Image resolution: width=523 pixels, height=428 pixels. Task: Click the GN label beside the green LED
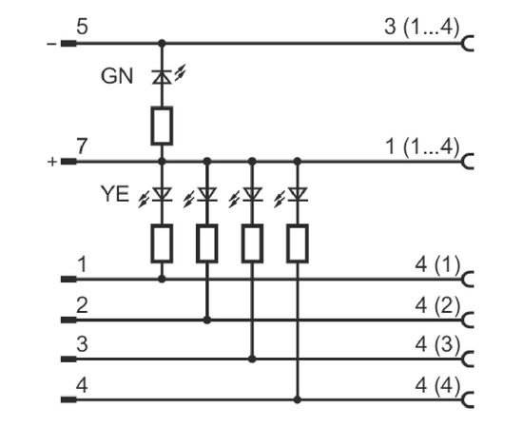coord(117,76)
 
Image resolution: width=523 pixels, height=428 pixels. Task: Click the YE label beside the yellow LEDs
coord(115,194)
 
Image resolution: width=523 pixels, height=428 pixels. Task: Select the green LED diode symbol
coord(162,77)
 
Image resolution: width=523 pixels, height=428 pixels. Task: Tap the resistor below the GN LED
coord(162,126)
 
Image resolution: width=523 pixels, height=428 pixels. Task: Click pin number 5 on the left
coord(82,27)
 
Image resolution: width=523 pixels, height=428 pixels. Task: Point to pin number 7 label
coord(82,146)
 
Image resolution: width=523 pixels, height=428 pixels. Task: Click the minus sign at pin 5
coord(51,44)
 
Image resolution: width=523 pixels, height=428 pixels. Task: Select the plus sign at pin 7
coord(52,162)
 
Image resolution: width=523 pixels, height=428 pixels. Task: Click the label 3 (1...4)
coord(421,27)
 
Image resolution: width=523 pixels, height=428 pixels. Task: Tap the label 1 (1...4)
coord(422,146)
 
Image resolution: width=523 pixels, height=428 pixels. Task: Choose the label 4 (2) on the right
coord(437,305)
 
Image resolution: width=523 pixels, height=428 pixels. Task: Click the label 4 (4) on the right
coord(437,385)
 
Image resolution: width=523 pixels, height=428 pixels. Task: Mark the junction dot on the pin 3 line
coord(252,359)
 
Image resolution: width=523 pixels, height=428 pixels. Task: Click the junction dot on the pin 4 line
coord(298,399)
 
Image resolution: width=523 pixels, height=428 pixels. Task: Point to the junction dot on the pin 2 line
coord(207,321)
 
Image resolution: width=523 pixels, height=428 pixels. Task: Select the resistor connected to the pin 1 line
coord(162,243)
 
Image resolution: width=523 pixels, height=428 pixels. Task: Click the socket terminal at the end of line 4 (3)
coord(468,360)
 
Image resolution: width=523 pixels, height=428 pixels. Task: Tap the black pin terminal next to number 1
coord(68,280)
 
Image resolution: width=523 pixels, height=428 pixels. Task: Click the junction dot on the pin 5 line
coord(162,43)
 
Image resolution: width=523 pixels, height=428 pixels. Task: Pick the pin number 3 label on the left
coord(82,344)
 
